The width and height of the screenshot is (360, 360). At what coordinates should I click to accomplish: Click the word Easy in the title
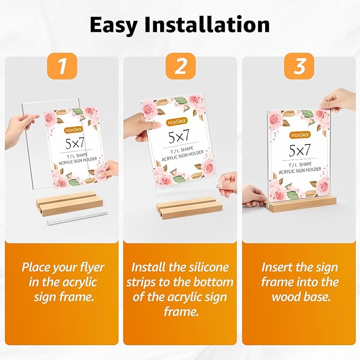point(114,25)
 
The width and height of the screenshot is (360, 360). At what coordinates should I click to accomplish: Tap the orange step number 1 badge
point(62,66)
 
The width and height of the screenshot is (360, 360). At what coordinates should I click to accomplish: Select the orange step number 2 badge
point(181,66)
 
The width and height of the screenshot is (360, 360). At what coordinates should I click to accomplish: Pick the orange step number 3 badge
point(299,66)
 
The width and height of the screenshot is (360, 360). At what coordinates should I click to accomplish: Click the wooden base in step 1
point(69,203)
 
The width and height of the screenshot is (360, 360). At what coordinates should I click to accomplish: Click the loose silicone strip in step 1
point(76,218)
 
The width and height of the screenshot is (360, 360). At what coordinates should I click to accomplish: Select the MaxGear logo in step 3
point(300,135)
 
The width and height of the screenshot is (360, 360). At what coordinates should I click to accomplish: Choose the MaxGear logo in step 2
point(177,121)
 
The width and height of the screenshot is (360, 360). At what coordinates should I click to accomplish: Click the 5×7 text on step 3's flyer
point(300,150)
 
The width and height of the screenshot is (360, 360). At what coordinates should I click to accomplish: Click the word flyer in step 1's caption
point(92,268)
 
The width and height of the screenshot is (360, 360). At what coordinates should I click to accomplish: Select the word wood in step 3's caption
point(286,297)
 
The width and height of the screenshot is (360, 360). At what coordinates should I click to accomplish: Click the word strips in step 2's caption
point(142,283)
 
